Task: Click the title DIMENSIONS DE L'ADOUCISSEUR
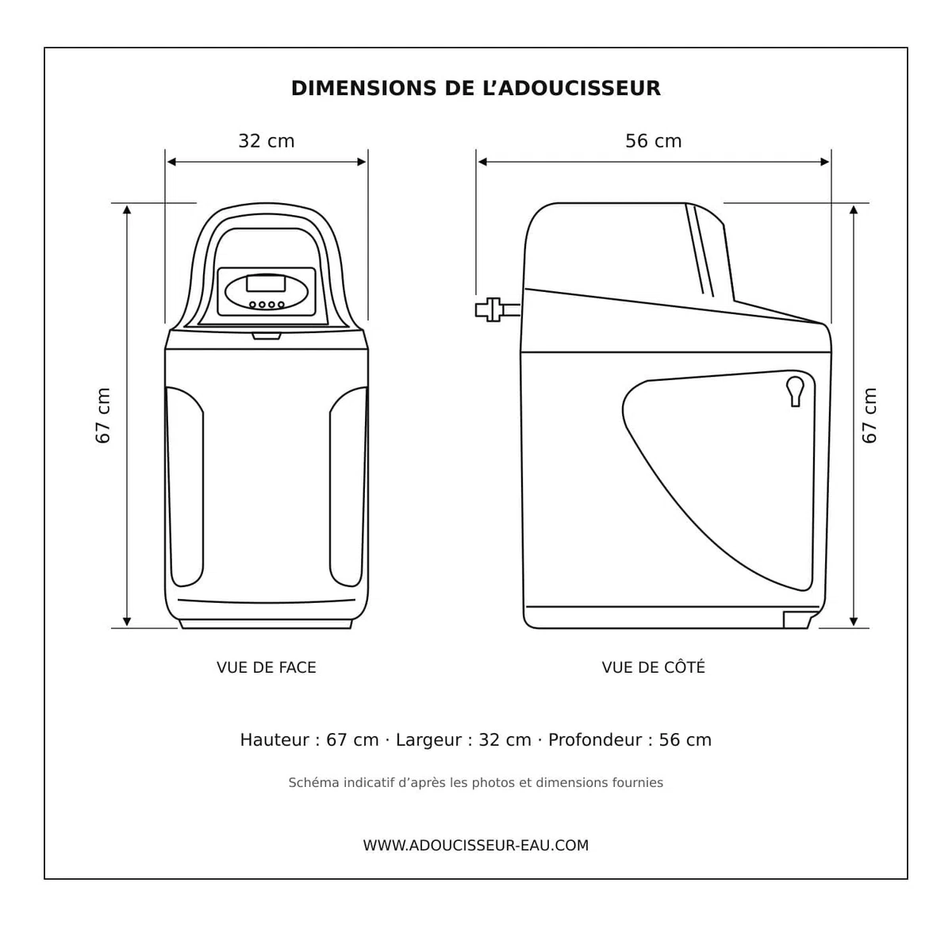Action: (475, 88)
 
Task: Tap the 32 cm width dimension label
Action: (267, 141)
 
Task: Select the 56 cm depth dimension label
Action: (653, 141)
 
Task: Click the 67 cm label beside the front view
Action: (103, 416)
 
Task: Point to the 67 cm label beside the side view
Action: (869, 416)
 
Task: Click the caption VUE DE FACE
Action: (267, 667)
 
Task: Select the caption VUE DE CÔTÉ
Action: (653, 666)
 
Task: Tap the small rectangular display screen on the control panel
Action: (266, 283)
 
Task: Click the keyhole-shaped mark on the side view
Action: (796, 392)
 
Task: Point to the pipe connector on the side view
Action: (497, 309)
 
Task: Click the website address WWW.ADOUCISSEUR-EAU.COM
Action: (476, 845)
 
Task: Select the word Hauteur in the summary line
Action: (274, 740)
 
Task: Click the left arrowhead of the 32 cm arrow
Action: (171, 162)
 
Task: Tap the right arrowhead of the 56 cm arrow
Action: (824, 162)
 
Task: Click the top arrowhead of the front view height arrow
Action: (127, 209)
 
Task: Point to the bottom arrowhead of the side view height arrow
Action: (853, 621)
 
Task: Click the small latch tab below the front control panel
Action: (267, 336)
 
